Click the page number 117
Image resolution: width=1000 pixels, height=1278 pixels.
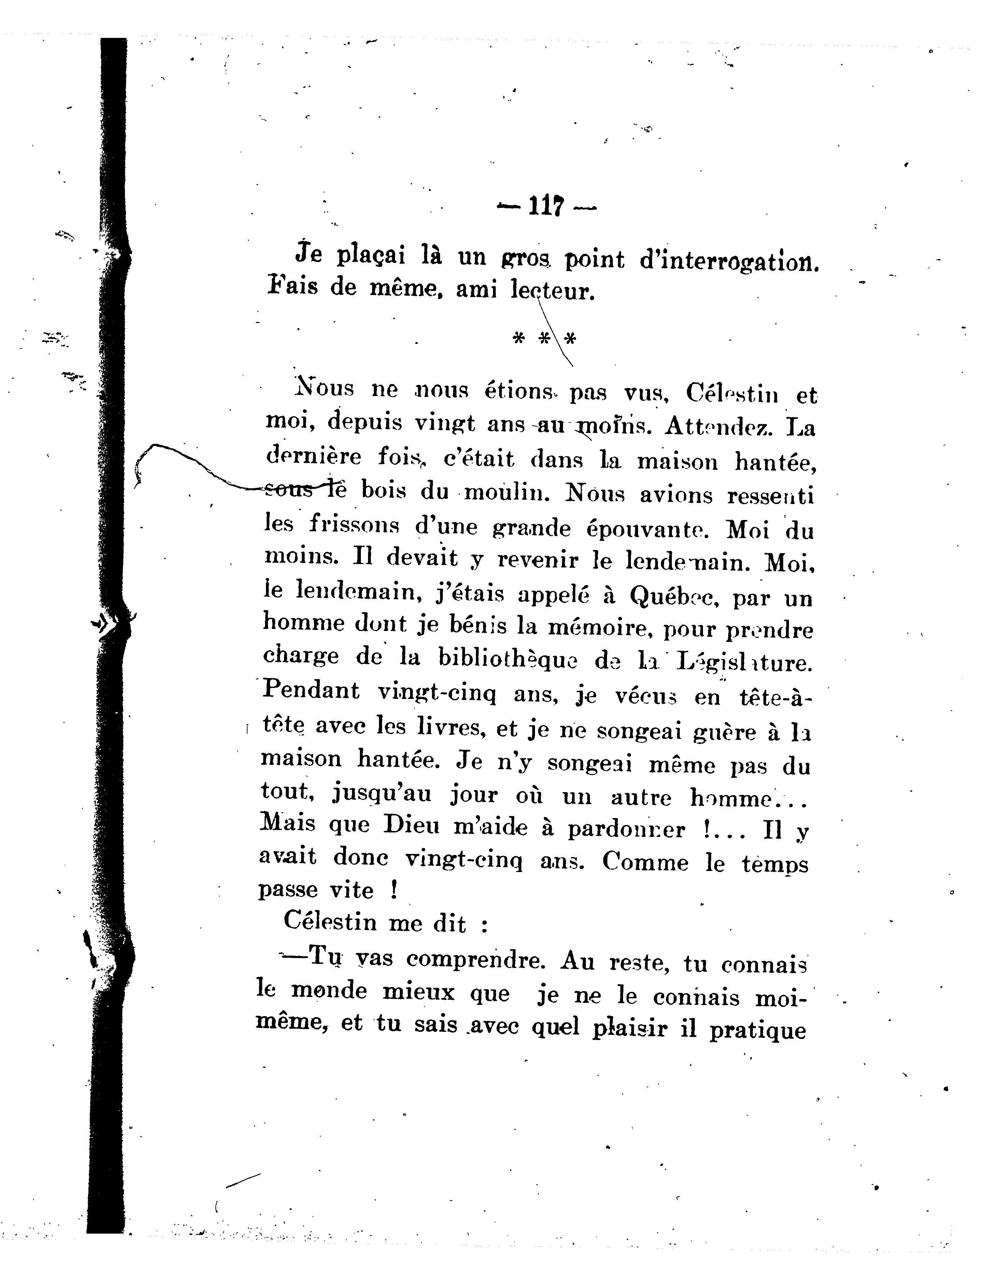tap(546, 206)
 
